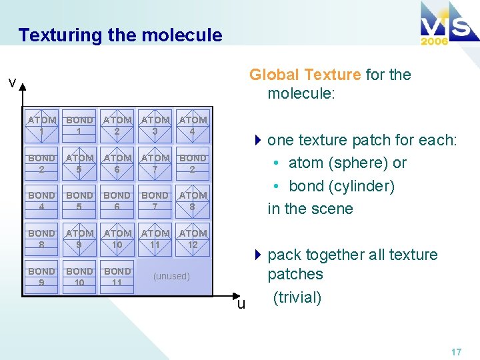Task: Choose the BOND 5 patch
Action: (x=79, y=201)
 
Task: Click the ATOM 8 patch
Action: (x=193, y=201)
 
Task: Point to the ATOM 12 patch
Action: (x=193, y=239)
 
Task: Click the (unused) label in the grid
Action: (x=171, y=276)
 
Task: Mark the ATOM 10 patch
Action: (x=117, y=239)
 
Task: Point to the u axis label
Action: (x=241, y=303)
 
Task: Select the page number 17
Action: (x=455, y=352)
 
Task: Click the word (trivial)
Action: (x=297, y=297)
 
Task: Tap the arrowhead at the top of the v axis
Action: (x=22, y=86)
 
